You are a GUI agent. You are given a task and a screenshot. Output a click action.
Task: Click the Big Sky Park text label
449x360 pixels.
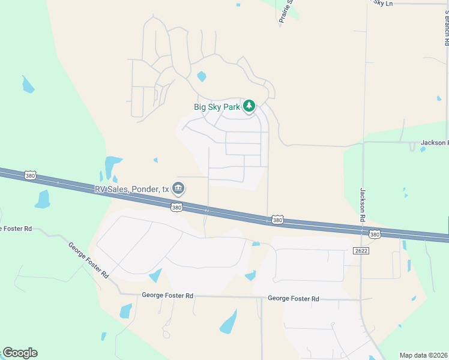tap(217, 107)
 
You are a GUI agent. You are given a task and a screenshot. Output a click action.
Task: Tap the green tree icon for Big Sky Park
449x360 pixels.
tap(249, 106)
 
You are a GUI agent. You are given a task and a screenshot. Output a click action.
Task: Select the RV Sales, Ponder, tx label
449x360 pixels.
tap(131, 189)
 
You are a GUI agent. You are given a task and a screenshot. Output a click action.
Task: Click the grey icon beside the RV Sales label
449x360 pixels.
tap(178, 189)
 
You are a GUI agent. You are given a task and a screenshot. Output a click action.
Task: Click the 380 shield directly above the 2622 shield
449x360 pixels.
tap(375, 235)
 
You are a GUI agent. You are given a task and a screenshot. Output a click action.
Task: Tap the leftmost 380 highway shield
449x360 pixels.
tap(31, 175)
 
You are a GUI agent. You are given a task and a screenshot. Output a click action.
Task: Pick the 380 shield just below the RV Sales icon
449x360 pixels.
tap(176, 208)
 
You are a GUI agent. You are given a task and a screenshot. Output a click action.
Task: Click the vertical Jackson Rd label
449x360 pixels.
tap(363, 205)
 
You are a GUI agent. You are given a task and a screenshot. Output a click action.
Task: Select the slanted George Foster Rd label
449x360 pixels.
tap(88, 260)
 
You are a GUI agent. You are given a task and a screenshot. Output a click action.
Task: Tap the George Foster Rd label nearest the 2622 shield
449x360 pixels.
tap(293, 298)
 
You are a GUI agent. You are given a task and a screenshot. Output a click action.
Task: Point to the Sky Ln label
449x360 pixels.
tap(382, 3)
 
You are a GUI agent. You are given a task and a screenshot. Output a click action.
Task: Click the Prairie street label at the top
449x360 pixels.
tap(285, 11)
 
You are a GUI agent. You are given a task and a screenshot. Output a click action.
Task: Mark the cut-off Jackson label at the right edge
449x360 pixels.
tap(434, 142)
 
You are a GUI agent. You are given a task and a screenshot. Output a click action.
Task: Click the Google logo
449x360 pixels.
tap(20, 353)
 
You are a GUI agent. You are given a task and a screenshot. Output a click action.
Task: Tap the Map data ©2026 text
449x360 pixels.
tap(424, 355)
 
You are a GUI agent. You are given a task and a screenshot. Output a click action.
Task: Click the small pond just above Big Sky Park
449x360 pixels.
tap(202, 76)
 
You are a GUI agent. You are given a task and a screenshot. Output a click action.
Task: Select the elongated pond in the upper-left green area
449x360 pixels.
tap(28, 85)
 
